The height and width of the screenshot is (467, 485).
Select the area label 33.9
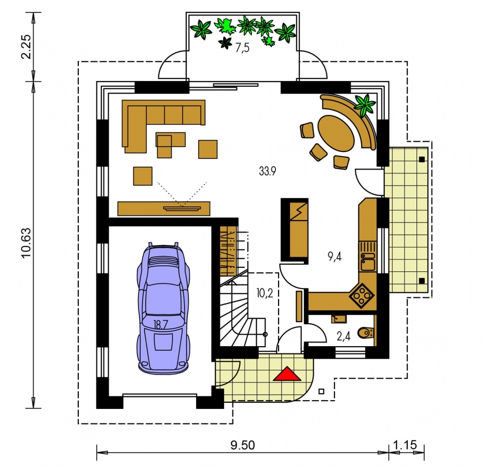coord(268,171)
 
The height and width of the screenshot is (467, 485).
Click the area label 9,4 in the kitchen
coord(335,256)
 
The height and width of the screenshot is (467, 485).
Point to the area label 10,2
coord(265,293)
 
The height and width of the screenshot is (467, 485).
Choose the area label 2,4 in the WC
coord(343,336)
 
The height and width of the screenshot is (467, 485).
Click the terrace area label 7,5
coord(242,48)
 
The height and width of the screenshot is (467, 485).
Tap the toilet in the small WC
coord(366,333)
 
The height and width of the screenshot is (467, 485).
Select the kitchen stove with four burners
coord(361,296)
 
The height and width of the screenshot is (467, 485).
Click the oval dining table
coord(336,133)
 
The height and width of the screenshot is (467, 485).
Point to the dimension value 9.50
coord(243,445)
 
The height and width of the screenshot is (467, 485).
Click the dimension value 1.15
coord(405,445)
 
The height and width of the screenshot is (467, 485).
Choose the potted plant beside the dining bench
coord(365,105)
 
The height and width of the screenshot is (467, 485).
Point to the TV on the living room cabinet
coord(182,209)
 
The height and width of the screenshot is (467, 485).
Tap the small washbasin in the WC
coord(339,319)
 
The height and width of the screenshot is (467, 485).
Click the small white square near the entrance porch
coord(322,391)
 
